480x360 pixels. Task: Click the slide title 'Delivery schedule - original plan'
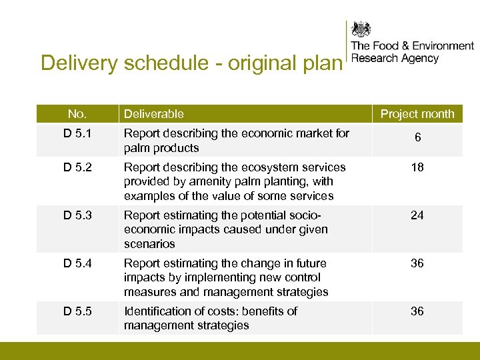click(x=191, y=63)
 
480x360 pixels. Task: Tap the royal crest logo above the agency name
click(x=362, y=30)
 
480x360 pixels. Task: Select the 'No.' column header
click(x=77, y=114)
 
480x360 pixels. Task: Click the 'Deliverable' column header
click(x=154, y=114)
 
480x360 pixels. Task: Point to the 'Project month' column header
click(x=417, y=114)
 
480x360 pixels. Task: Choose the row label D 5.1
click(x=77, y=133)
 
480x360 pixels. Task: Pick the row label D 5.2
click(x=77, y=167)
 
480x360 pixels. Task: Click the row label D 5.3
click(x=77, y=215)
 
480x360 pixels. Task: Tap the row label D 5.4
click(x=77, y=263)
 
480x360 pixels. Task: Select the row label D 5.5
click(x=77, y=311)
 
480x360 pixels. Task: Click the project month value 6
click(x=417, y=137)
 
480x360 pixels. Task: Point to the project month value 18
click(x=417, y=167)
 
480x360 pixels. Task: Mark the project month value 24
click(x=417, y=215)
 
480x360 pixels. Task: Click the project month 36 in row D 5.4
click(x=417, y=263)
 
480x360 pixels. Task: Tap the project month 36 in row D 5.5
click(x=417, y=311)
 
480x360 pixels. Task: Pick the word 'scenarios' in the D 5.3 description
click(x=149, y=244)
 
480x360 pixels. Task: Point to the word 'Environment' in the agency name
click(x=443, y=46)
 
